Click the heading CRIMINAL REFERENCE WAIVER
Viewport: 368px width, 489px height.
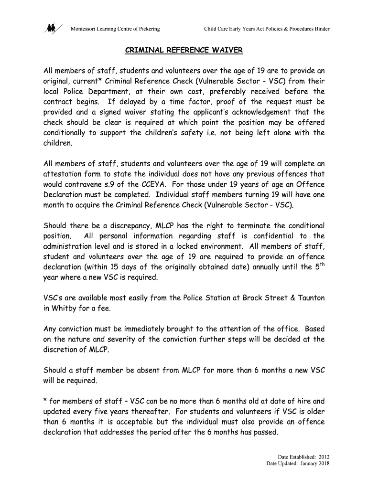[x=184, y=50]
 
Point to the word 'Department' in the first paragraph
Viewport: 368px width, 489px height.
[x=152, y=91]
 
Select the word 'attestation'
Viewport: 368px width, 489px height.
[x=64, y=174]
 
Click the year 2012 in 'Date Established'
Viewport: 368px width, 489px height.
[x=323, y=457]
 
